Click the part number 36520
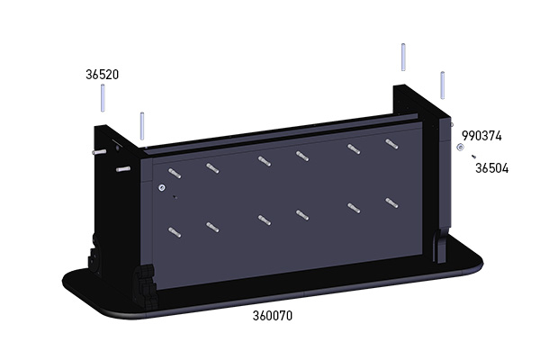pos(103,74)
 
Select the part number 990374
pos(481,136)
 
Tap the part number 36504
pos(491,167)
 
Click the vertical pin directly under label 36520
pos(103,97)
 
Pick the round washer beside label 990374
pos(460,146)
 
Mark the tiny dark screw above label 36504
pos(473,156)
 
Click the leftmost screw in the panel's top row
pos(174,171)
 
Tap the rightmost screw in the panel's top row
pos(390,143)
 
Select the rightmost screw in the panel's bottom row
pos(390,202)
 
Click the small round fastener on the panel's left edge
pos(161,187)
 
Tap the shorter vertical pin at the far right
pos(442,83)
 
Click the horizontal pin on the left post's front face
pos(123,167)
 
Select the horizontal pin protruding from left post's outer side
pos(96,152)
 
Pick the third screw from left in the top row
pos(263,160)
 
